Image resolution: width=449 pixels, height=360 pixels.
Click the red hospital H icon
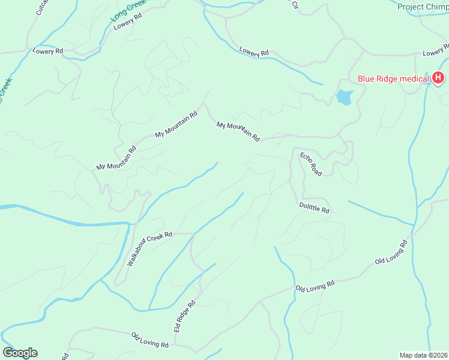coord(438,77)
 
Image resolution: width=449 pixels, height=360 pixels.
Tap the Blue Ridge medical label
coord(393,78)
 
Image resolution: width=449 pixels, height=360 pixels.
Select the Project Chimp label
coord(423,7)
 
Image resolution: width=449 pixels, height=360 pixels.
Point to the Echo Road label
coord(311,164)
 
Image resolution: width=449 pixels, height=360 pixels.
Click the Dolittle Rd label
coord(315,208)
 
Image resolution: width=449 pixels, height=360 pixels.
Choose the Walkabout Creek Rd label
coord(151,249)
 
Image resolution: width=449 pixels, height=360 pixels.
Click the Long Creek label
coord(128,11)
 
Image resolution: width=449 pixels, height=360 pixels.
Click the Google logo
coord(20,353)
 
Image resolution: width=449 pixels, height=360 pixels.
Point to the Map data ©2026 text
coord(423,355)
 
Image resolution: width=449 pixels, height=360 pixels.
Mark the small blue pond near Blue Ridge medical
coord(344,97)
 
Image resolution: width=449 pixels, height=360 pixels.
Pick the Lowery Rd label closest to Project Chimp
coord(435,53)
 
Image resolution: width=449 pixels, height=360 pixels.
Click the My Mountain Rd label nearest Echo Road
coord(238,131)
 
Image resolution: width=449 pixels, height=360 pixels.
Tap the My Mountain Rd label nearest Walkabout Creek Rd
coord(116,158)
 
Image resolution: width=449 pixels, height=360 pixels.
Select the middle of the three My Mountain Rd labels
coord(176,125)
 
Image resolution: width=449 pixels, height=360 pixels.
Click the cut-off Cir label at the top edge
coord(295,4)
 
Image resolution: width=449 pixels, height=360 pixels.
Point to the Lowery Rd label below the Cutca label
coord(48,52)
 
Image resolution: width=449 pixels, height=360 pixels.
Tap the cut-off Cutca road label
coord(41,7)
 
